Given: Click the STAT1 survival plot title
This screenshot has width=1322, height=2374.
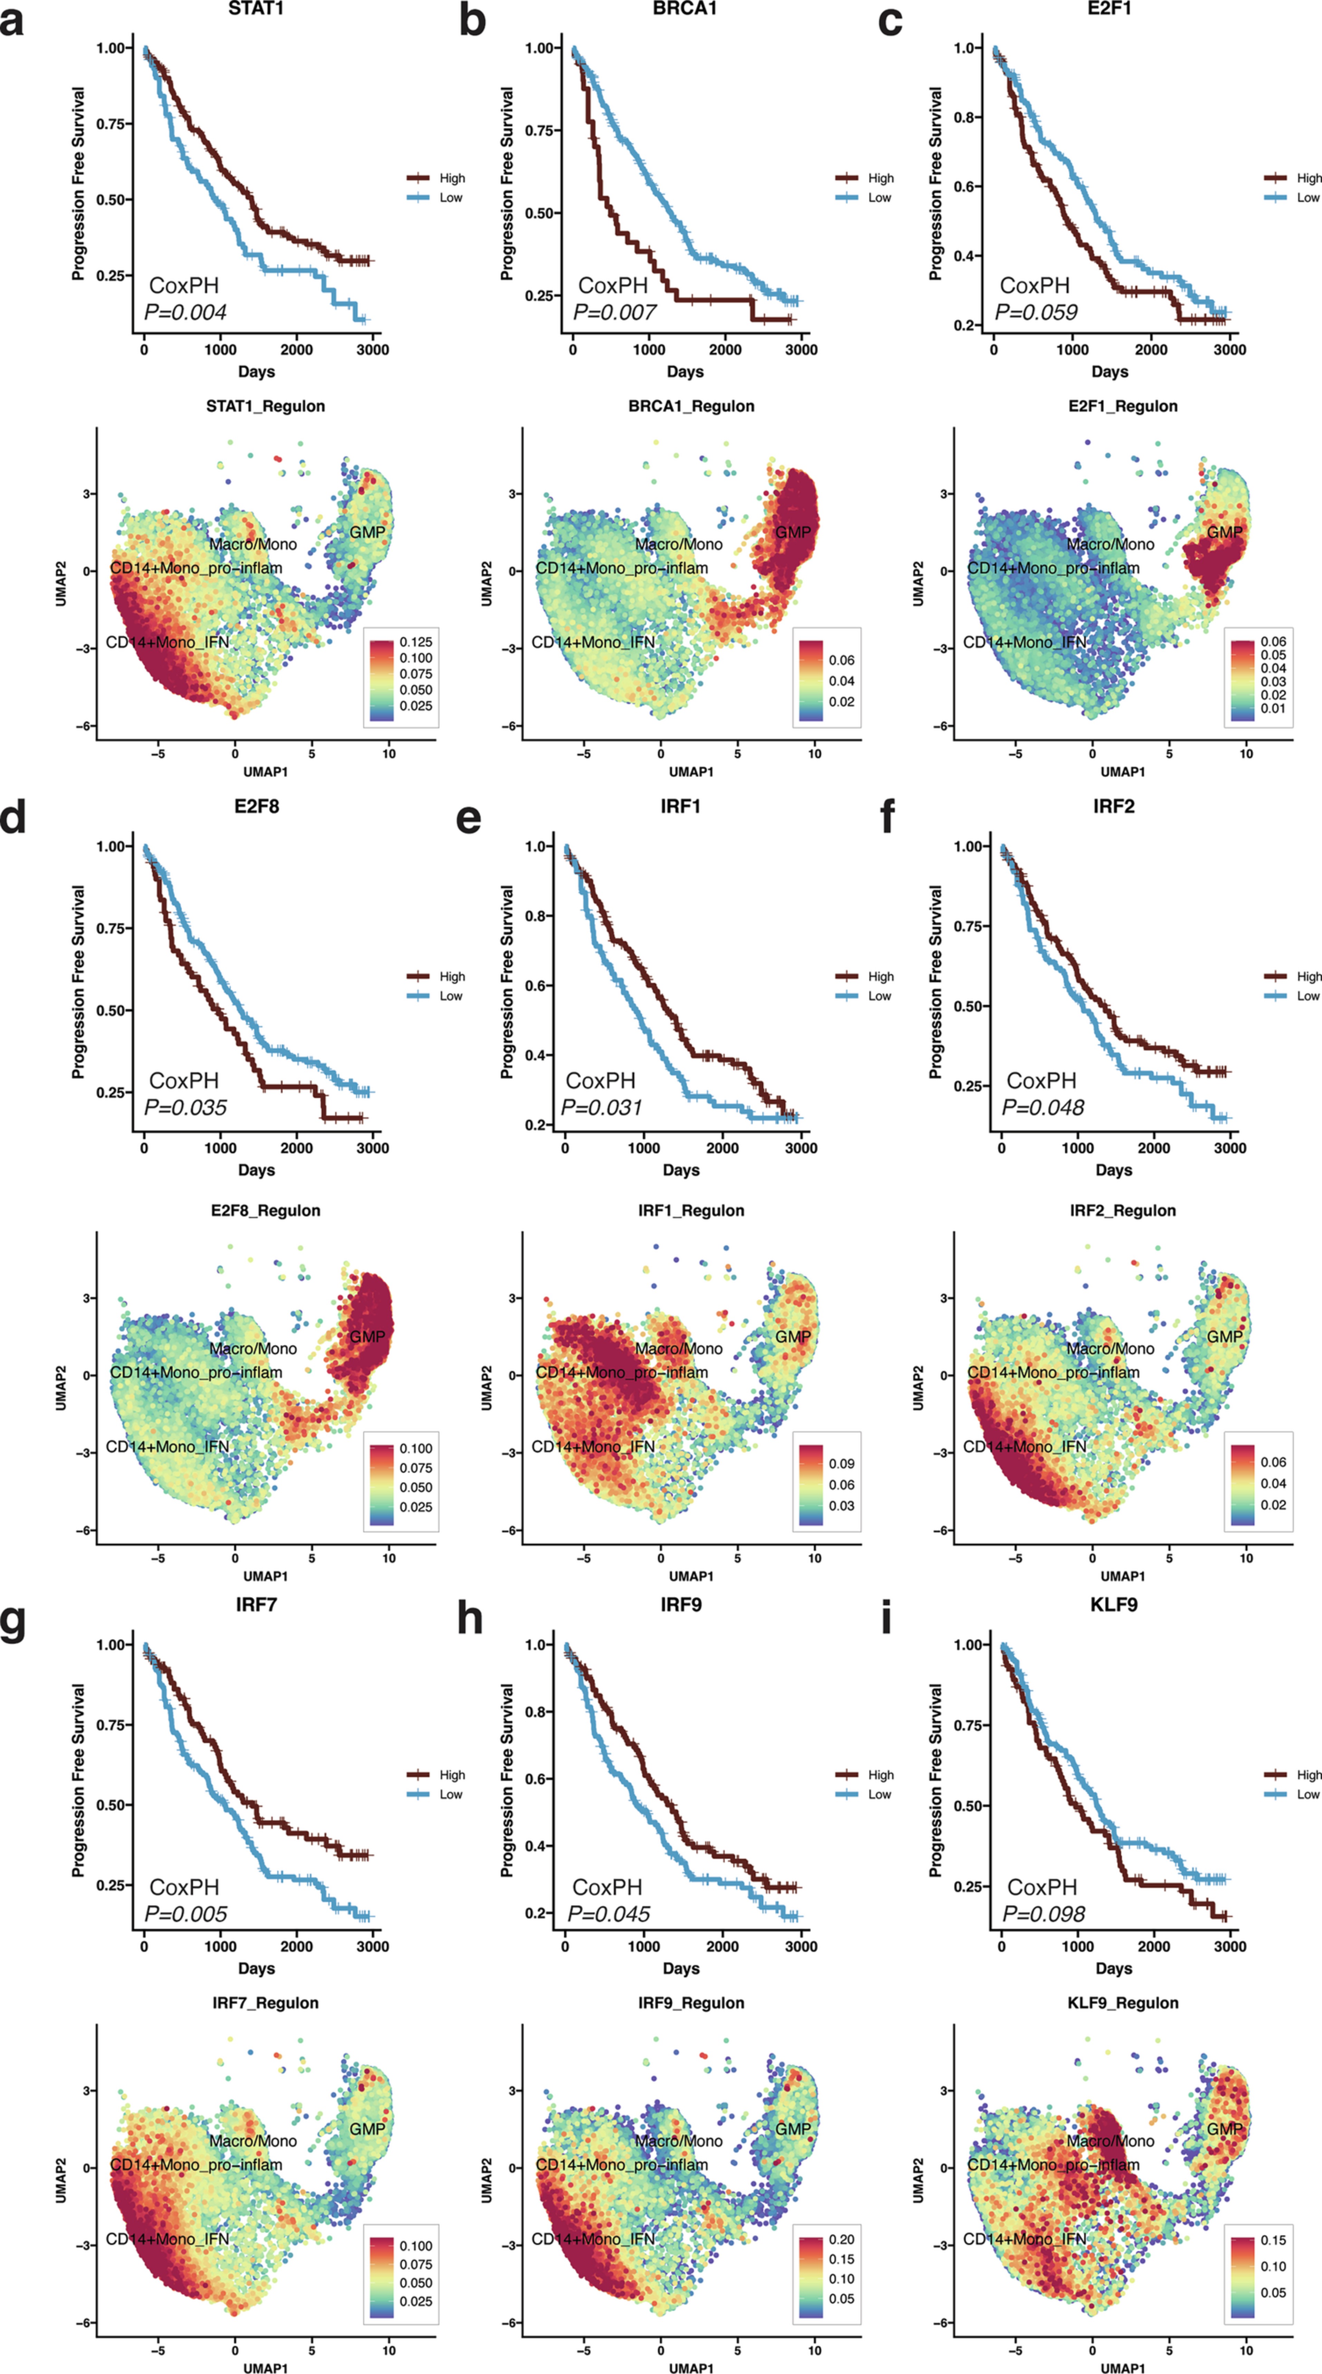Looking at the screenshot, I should [256, 8].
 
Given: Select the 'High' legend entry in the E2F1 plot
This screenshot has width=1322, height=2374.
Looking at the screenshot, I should [1308, 178].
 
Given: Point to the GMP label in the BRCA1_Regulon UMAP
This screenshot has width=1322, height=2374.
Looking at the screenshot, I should [792, 533].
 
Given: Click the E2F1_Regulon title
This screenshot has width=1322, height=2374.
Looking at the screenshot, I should [1122, 406].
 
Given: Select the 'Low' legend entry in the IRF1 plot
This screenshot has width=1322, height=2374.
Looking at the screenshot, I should [879, 996].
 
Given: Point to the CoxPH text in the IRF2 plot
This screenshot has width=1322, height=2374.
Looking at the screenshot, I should [1041, 1080].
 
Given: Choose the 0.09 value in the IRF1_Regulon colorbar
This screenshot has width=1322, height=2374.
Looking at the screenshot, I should [841, 1464].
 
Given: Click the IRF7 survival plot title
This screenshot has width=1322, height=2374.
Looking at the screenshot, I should [256, 1605].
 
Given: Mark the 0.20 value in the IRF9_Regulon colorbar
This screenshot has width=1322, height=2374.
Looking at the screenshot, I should [841, 2240].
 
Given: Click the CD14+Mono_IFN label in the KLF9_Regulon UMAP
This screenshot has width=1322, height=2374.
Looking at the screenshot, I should [1024, 2240].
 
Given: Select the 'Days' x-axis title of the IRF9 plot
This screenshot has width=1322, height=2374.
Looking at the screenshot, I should [681, 1968].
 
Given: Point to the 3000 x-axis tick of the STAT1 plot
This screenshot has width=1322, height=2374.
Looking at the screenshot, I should [372, 350].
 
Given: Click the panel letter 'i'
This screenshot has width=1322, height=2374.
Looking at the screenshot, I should [886, 1617].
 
